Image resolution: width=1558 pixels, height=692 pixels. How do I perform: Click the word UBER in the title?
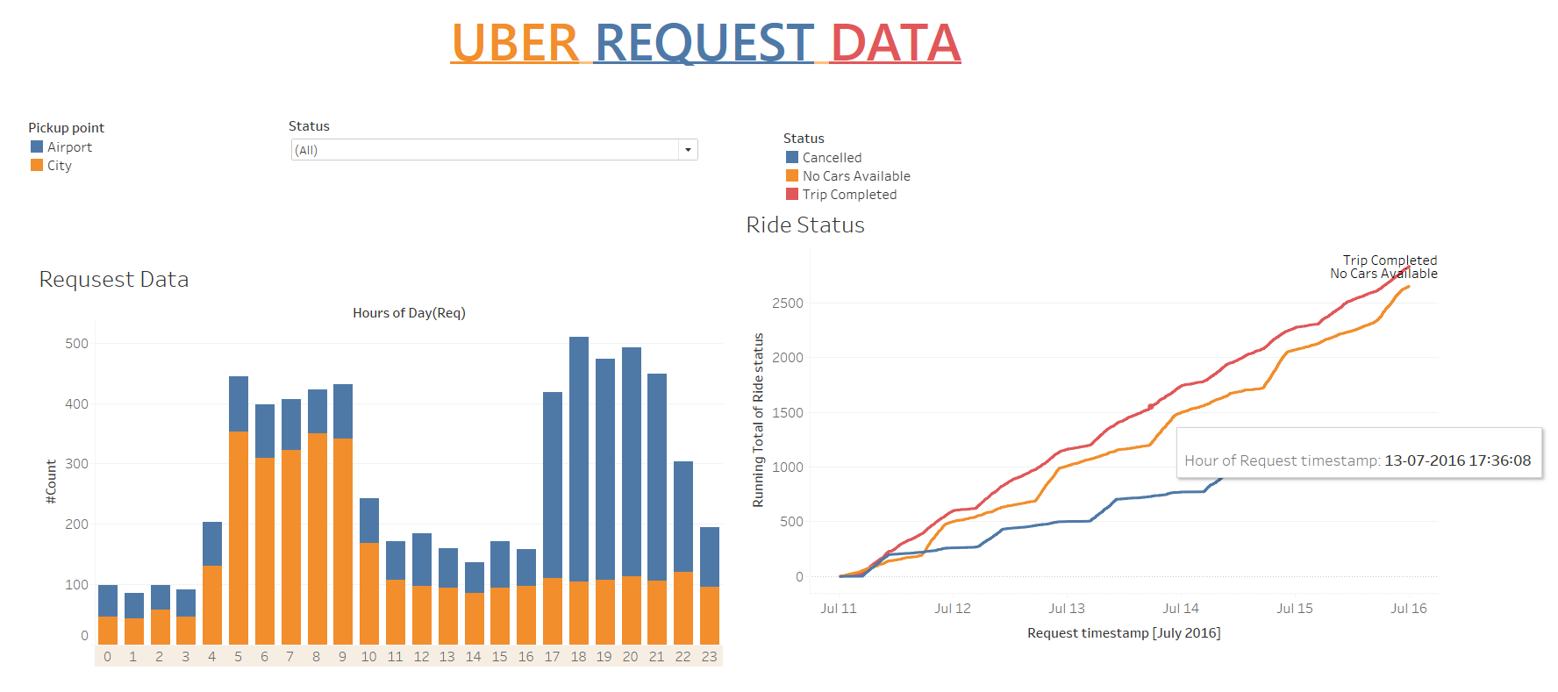click(514, 43)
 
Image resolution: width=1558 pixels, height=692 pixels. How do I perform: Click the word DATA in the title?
click(895, 43)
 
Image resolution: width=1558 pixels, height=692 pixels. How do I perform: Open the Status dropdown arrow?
click(688, 150)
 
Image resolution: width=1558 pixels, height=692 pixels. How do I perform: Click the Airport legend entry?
click(68, 147)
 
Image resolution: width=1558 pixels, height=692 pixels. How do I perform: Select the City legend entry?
click(59, 166)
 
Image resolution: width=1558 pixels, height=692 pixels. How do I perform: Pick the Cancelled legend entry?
click(831, 158)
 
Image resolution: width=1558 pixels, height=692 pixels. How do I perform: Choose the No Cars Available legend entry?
click(855, 176)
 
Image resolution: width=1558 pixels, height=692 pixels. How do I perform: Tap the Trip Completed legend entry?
click(848, 195)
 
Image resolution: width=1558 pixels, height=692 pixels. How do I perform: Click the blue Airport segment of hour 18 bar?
click(579, 456)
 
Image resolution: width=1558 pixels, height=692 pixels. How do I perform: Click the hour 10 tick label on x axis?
click(368, 656)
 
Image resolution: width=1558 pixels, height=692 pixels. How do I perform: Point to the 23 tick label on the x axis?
click(709, 656)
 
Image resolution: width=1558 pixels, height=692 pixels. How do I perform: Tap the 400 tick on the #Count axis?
click(77, 403)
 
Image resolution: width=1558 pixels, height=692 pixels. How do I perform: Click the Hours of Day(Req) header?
click(409, 313)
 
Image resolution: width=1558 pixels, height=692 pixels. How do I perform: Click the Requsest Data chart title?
click(114, 280)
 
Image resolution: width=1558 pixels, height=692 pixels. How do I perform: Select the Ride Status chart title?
click(805, 225)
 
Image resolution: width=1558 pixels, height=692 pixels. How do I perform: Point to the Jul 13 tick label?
click(1066, 608)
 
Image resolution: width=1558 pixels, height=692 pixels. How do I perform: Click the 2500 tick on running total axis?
click(787, 303)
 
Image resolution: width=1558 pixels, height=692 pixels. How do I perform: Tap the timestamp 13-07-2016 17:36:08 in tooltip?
click(1457, 460)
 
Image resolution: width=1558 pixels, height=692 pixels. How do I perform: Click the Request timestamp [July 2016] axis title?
click(1123, 633)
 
